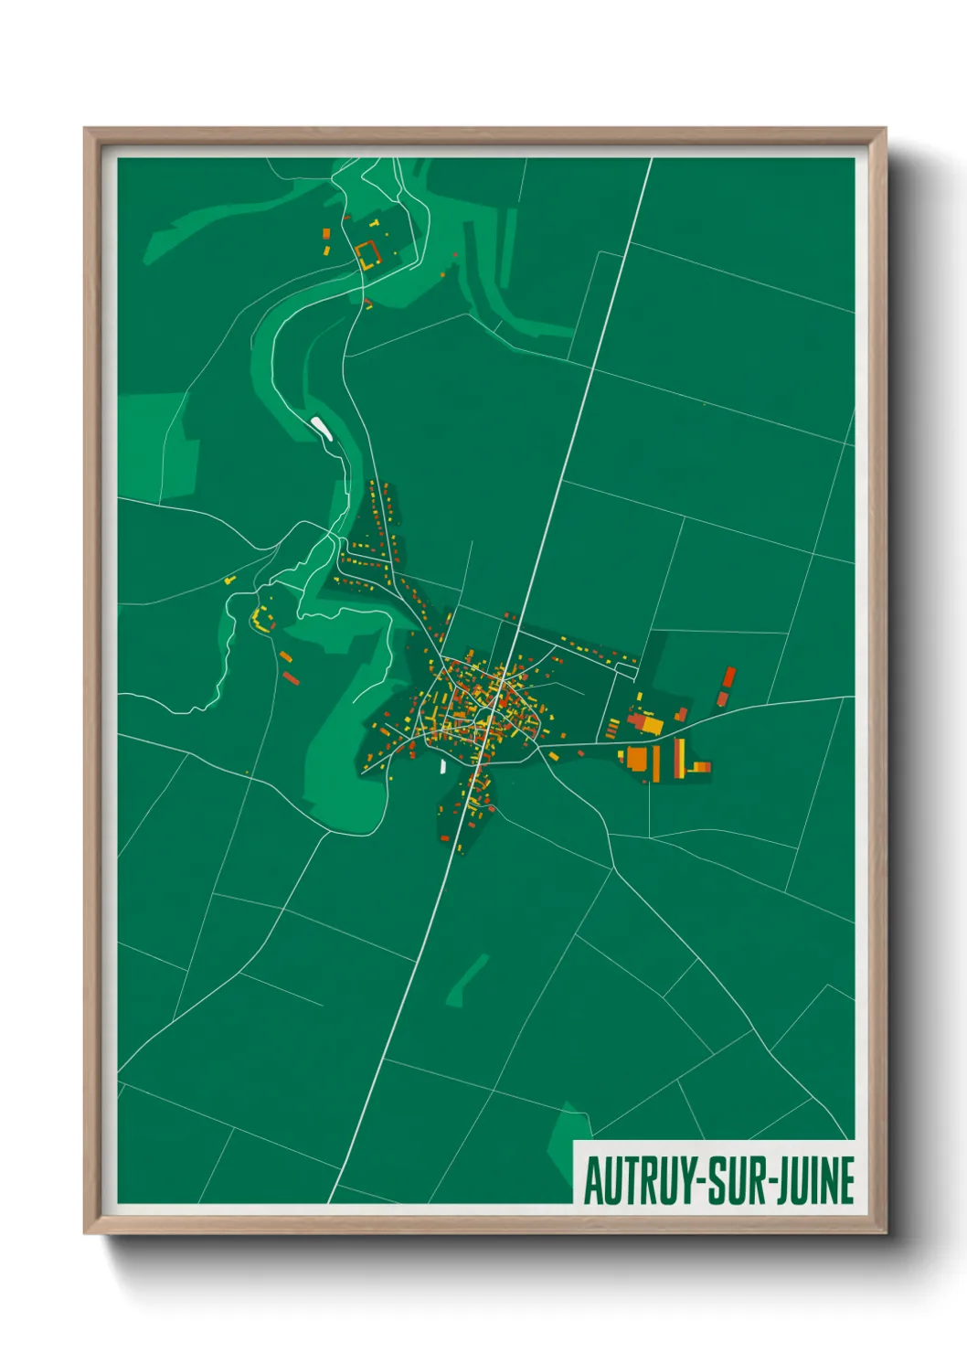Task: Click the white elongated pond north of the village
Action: (321, 427)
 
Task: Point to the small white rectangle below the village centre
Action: (443, 766)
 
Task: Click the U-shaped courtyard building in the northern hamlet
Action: (367, 253)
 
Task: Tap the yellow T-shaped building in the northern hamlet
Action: (375, 222)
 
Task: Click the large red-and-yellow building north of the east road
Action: (647, 724)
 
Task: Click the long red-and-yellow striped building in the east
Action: (679, 758)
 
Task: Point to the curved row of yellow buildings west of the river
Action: (261, 620)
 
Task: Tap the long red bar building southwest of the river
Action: (291, 677)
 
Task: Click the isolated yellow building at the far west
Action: (229, 580)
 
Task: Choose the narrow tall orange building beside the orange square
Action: (654, 762)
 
